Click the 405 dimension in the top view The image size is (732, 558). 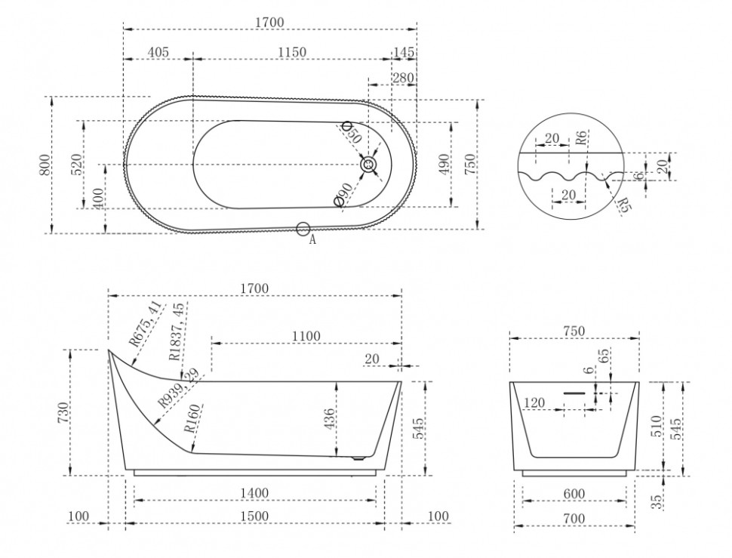click(x=158, y=52)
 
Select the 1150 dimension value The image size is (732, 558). click(x=292, y=52)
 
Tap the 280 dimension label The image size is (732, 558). click(x=403, y=78)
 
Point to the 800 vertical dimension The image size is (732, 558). click(x=45, y=165)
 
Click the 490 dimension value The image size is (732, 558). click(x=444, y=164)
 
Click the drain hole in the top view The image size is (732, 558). click(x=369, y=164)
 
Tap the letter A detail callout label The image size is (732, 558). click(x=312, y=240)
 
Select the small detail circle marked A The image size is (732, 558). click(x=303, y=228)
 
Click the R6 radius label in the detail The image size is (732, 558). click(x=581, y=139)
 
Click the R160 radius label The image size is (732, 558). click(x=192, y=418)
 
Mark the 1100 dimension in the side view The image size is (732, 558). click(x=306, y=336)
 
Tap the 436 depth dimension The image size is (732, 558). click(x=329, y=419)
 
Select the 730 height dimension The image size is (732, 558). click(x=63, y=413)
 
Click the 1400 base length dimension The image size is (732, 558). click(x=254, y=493)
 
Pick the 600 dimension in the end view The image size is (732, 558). click(x=574, y=494)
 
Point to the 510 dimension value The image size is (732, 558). click(x=656, y=426)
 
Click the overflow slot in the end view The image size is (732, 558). click(x=574, y=393)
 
